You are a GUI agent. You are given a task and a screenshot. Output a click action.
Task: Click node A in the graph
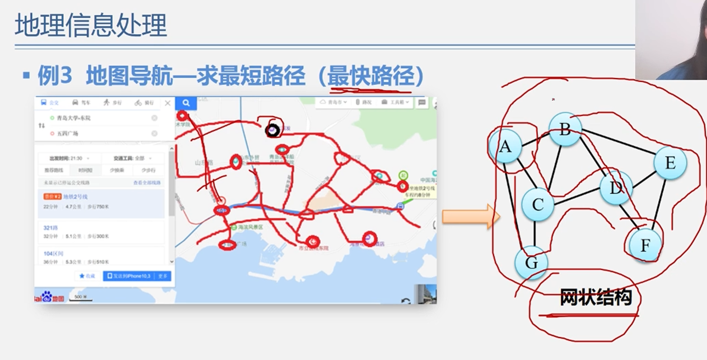pos(505,146)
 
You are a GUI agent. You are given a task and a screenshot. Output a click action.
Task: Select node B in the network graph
pos(565,129)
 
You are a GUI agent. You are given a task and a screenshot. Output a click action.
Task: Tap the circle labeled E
pos(670,163)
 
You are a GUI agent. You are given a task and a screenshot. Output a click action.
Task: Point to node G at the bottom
pos(531,262)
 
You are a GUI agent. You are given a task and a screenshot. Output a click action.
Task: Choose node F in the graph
pos(645,245)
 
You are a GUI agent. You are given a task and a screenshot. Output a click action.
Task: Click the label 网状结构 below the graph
pos(596,297)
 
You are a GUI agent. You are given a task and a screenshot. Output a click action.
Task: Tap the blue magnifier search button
pos(186,103)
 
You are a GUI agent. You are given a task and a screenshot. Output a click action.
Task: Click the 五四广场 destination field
pos(102,133)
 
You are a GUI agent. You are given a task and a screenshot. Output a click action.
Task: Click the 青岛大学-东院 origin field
pos(102,118)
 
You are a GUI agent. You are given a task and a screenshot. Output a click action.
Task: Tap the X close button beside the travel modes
pos(167,103)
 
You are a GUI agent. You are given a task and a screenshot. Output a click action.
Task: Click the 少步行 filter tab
pos(148,170)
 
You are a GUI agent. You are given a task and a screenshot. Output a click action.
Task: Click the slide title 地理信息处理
pos(91,25)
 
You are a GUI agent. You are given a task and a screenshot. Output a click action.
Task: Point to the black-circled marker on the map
pos(272,130)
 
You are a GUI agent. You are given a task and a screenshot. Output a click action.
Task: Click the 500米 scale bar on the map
pos(81,297)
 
